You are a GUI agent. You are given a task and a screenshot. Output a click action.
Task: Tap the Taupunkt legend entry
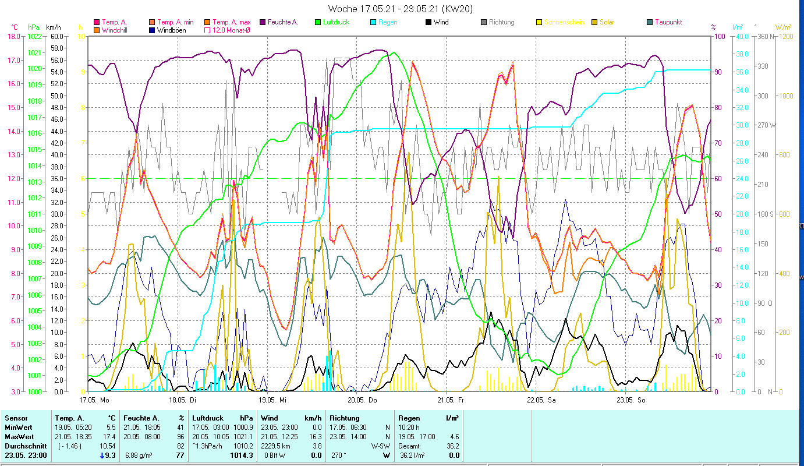tap(668, 22)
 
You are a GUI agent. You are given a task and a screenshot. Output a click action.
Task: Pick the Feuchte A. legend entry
tap(282, 22)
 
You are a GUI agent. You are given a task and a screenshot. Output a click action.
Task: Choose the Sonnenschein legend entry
tap(564, 22)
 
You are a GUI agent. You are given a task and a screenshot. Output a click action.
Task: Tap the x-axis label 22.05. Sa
tap(541, 400)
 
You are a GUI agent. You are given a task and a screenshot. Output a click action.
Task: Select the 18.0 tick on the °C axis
tap(13, 36)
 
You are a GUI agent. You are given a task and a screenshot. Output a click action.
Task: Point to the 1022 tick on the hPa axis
tap(34, 36)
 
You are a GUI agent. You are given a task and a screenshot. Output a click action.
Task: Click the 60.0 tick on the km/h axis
tap(56, 36)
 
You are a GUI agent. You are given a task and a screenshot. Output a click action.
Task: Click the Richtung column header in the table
tap(345, 418)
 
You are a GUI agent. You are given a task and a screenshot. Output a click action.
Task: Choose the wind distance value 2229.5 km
tap(276, 446)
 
